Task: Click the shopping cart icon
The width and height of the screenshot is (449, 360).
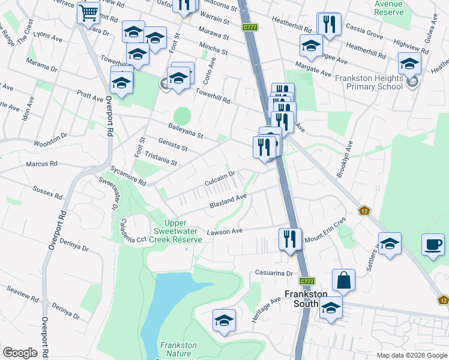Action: (x=88, y=12)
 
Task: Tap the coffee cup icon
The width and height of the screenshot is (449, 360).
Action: (x=433, y=245)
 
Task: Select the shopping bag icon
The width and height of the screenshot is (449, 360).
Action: (x=343, y=280)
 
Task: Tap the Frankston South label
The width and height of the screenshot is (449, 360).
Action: (x=306, y=298)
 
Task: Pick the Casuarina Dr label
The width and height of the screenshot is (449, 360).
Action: (x=272, y=272)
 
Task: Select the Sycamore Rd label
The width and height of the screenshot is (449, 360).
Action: (x=128, y=175)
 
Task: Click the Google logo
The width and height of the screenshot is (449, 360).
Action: (x=20, y=353)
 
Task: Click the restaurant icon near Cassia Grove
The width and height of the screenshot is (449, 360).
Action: (x=328, y=24)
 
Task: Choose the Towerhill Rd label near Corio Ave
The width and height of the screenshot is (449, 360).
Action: (x=213, y=96)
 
